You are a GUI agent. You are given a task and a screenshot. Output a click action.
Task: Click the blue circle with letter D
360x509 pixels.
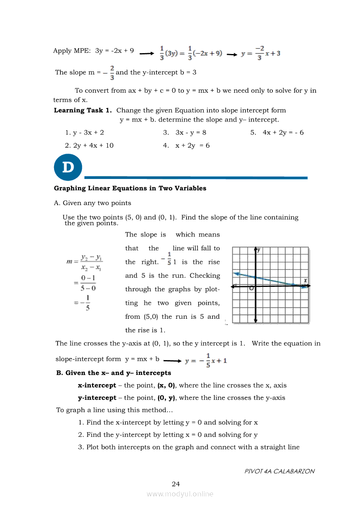68,167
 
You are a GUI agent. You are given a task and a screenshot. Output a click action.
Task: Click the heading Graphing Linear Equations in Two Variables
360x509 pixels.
130,189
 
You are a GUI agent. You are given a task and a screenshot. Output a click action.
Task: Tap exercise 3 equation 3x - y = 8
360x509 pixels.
190,132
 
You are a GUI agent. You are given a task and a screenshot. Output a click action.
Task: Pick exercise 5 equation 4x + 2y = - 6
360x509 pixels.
283,132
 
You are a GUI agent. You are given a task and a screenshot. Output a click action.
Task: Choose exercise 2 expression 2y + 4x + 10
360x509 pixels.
93,145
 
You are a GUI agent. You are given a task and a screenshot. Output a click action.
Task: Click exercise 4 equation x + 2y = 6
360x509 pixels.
192,145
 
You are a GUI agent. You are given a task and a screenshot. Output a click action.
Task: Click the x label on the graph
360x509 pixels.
306,280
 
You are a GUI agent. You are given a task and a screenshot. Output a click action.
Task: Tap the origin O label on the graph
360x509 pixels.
251,288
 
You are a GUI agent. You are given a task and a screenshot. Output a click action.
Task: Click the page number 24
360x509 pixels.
176,484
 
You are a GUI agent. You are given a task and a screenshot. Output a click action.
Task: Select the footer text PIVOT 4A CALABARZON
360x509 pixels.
279,471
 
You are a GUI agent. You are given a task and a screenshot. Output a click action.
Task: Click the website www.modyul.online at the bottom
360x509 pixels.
180,494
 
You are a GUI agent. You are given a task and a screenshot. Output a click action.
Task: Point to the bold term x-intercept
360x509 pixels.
97,385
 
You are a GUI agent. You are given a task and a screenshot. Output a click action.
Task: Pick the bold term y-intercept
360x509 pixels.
97,398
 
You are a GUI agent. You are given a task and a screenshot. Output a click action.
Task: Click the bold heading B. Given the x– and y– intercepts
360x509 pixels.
114,373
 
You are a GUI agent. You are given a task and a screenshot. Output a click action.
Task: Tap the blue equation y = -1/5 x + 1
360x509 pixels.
206,361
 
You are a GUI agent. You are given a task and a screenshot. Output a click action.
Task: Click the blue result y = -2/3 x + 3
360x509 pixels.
261,54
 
